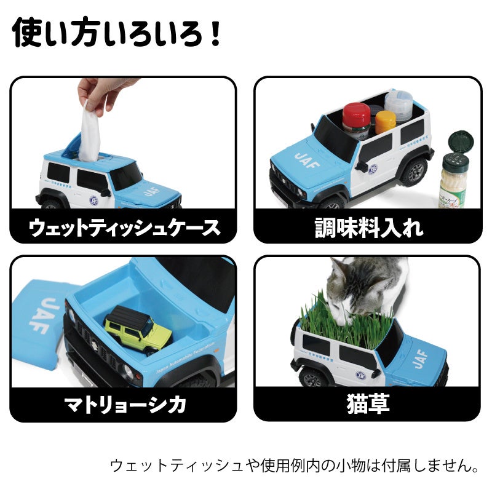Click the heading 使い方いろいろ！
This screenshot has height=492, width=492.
coord(117,34)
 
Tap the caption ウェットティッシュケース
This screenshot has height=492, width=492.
coord(124,228)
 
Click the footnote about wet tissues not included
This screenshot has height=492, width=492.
coord(295,465)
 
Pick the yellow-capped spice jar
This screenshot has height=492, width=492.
coord(386,122)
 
